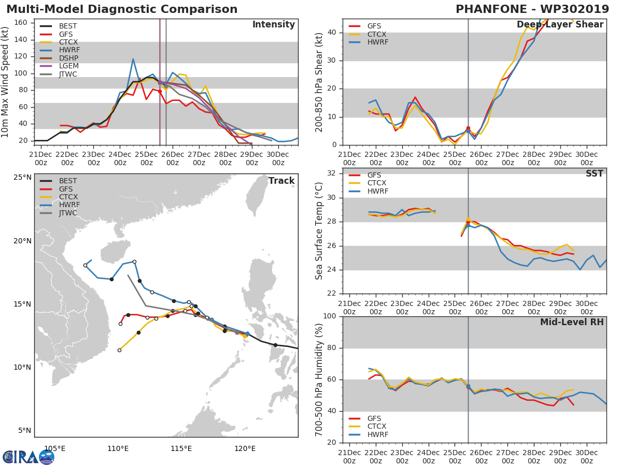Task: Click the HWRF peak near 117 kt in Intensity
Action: coord(133,59)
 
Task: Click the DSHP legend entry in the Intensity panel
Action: coord(60,58)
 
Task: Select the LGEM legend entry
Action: coord(59,66)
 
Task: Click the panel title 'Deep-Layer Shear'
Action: coord(560,25)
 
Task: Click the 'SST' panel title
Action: coord(595,173)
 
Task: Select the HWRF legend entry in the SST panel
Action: coord(369,191)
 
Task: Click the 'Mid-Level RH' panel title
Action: coord(572,322)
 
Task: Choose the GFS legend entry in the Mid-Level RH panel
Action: coord(365,418)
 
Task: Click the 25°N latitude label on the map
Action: coord(23,178)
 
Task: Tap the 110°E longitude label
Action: coord(118,448)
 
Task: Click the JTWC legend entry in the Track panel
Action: coord(59,213)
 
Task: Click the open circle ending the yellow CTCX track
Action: coord(119,351)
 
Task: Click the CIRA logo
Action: coord(29,457)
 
